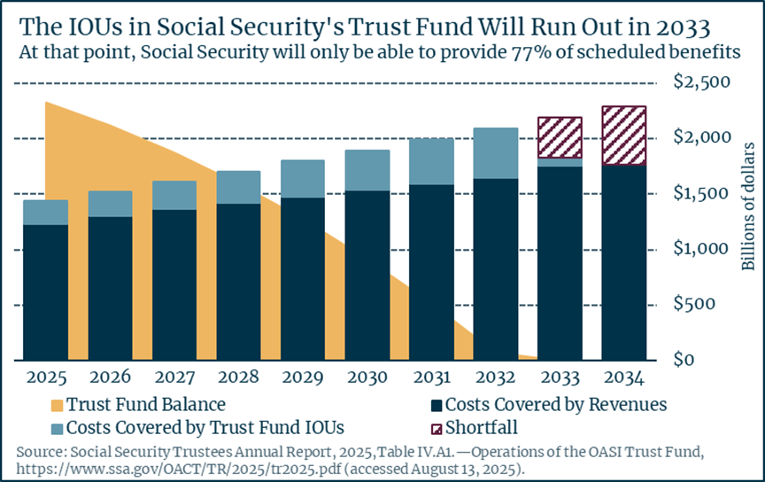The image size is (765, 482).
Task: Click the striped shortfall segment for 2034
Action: point(624,136)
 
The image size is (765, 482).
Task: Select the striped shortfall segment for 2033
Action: point(560,137)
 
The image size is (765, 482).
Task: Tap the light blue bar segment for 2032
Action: point(496,153)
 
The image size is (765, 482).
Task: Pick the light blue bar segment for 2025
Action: point(46,213)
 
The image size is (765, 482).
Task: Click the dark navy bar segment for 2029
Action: point(303,279)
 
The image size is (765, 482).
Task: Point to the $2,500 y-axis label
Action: point(702,82)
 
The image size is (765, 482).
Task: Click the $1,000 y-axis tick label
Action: point(701,249)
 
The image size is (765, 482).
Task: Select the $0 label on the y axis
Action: point(684,360)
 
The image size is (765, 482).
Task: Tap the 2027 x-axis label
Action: point(174,377)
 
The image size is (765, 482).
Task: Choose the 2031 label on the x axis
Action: point(432,377)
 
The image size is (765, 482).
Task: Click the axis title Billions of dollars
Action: point(748,206)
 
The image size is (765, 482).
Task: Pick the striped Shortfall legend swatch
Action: point(437,429)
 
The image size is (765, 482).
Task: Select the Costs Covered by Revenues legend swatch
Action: point(437,406)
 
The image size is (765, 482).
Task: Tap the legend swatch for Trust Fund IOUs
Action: point(57,429)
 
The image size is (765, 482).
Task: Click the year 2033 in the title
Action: point(683,27)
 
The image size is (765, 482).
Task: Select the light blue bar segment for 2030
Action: point(367,170)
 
